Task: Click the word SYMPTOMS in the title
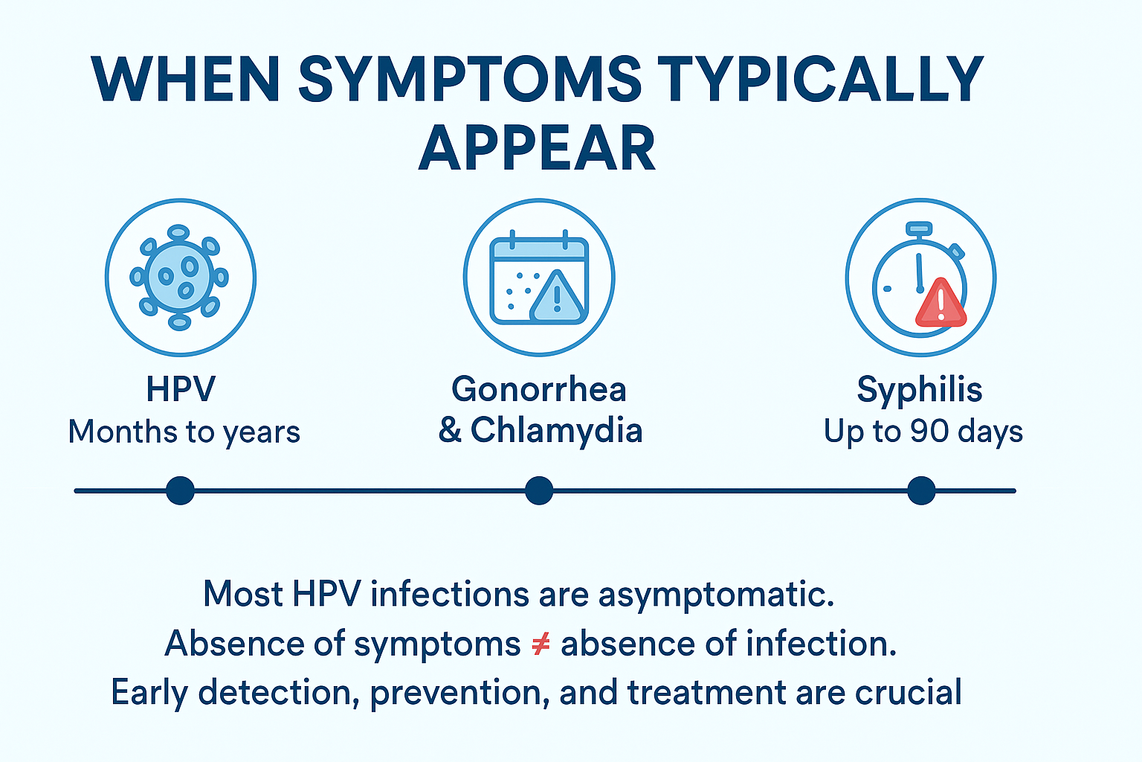click(x=470, y=79)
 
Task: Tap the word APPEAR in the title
click(x=537, y=149)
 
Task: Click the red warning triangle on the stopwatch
click(x=941, y=305)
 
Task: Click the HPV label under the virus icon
click(x=181, y=389)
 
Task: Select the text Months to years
click(x=184, y=432)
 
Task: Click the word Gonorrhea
click(x=539, y=389)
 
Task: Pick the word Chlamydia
click(x=556, y=430)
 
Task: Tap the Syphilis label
click(x=920, y=389)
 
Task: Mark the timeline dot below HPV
click(x=180, y=491)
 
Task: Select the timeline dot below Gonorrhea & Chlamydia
click(x=539, y=491)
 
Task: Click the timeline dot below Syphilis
click(x=921, y=491)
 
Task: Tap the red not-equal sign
click(x=541, y=644)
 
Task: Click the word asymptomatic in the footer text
click(x=715, y=595)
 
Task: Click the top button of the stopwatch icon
click(x=918, y=228)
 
